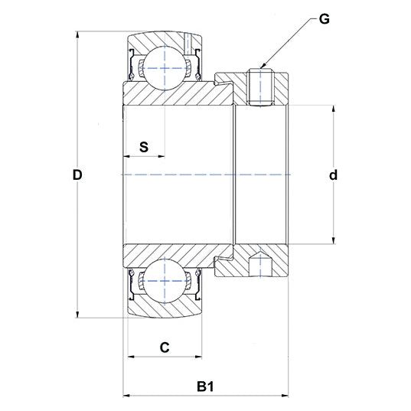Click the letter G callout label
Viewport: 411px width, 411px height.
[x=324, y=19]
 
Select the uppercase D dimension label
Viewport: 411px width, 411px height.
[x=77, y=175]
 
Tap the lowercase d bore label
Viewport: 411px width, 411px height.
[x=333, y=175]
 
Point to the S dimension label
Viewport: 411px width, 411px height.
[x=144, y=147]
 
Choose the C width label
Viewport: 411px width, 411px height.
[x=164, y=347]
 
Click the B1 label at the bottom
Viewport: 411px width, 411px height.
[x=205, y=387]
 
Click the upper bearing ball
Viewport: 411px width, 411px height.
[x=164, y=67]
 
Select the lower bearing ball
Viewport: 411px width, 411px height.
[x=164, y=282]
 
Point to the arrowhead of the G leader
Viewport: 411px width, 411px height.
[x=263, y=67]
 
